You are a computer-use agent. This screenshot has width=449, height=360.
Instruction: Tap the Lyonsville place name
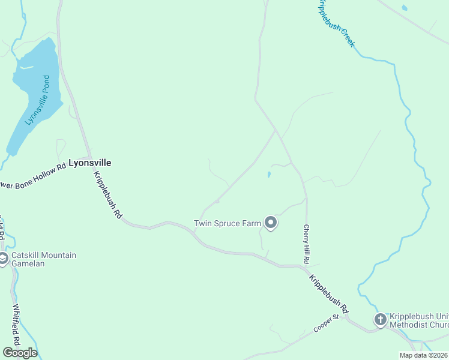tap(90, 163)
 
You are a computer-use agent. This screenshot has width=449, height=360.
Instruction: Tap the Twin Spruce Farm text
tap(227, 224)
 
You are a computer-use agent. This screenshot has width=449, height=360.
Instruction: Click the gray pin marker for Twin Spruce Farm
tap(271, 223)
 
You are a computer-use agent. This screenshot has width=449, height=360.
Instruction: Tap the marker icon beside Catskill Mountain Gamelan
tap(3, 259)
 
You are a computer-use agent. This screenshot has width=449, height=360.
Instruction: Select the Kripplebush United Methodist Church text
tap(419, 321)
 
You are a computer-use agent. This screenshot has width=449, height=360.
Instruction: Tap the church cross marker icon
tap(380, 320)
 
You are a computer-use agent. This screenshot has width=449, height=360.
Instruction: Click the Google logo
tap(20, 353)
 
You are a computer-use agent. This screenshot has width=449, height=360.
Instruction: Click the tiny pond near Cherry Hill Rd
tap(268, 175)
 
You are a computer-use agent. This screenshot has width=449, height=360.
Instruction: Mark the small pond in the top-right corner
tap(404, 8)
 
